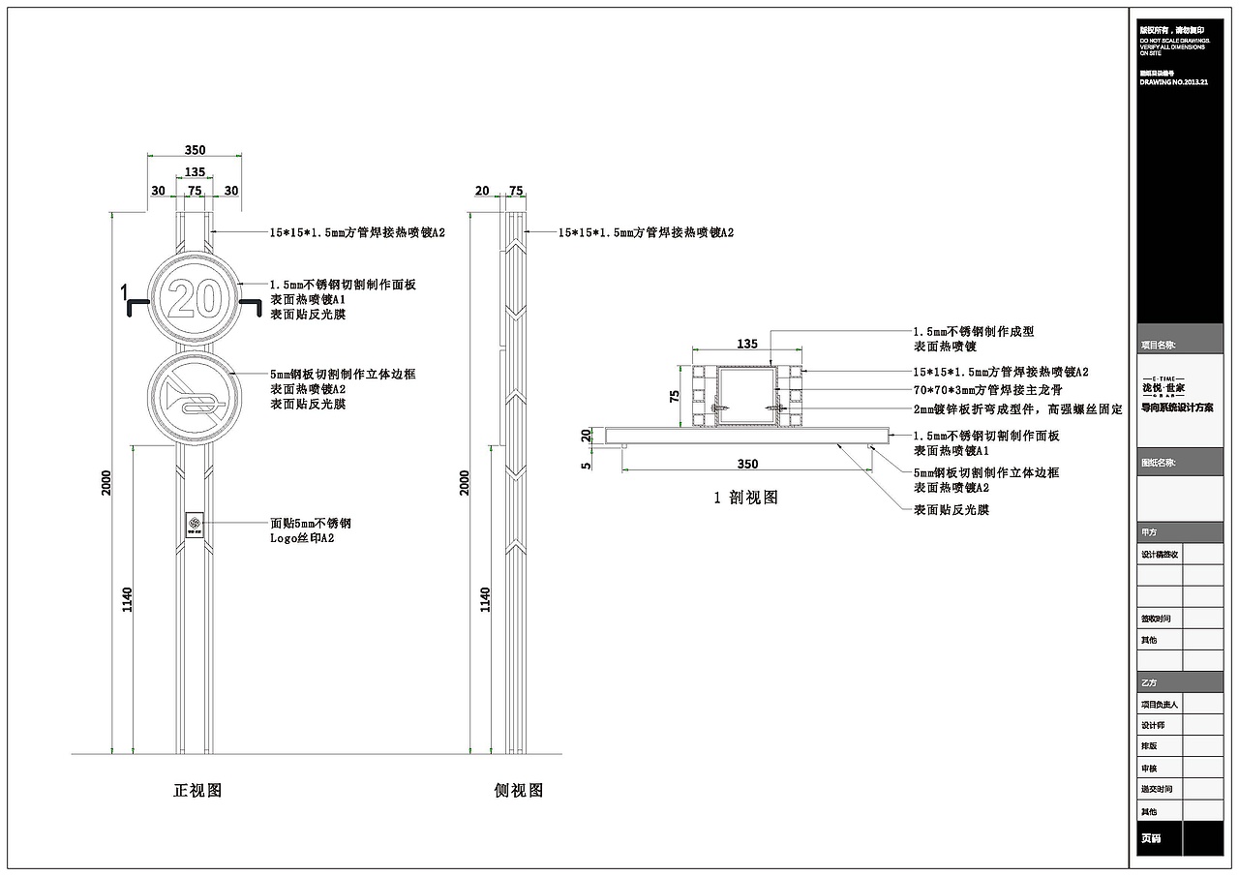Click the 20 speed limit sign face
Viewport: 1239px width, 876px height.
pos(195,298)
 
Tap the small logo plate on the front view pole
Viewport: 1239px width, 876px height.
pos(195,524)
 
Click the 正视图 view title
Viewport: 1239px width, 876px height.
pos(197,790)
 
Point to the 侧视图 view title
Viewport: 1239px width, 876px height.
pos(519,790)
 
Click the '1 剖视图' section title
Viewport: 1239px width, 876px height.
pos(745,498)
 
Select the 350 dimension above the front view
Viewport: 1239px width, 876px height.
pos(195,150)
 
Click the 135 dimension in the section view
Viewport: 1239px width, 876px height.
pos(747,343)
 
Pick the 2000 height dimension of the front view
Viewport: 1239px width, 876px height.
pos(106,482)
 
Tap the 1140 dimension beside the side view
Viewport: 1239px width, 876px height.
pos(485,599)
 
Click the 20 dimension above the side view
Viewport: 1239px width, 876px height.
pos(482,191)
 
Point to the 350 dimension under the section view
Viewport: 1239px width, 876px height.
pos(747,464)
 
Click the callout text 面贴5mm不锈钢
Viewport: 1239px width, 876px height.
pos(310,524)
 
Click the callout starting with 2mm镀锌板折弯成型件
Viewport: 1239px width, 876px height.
pos(1017,410)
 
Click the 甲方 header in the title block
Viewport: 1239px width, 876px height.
pos(1149,532)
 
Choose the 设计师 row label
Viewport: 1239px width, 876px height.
pos(1153,725)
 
